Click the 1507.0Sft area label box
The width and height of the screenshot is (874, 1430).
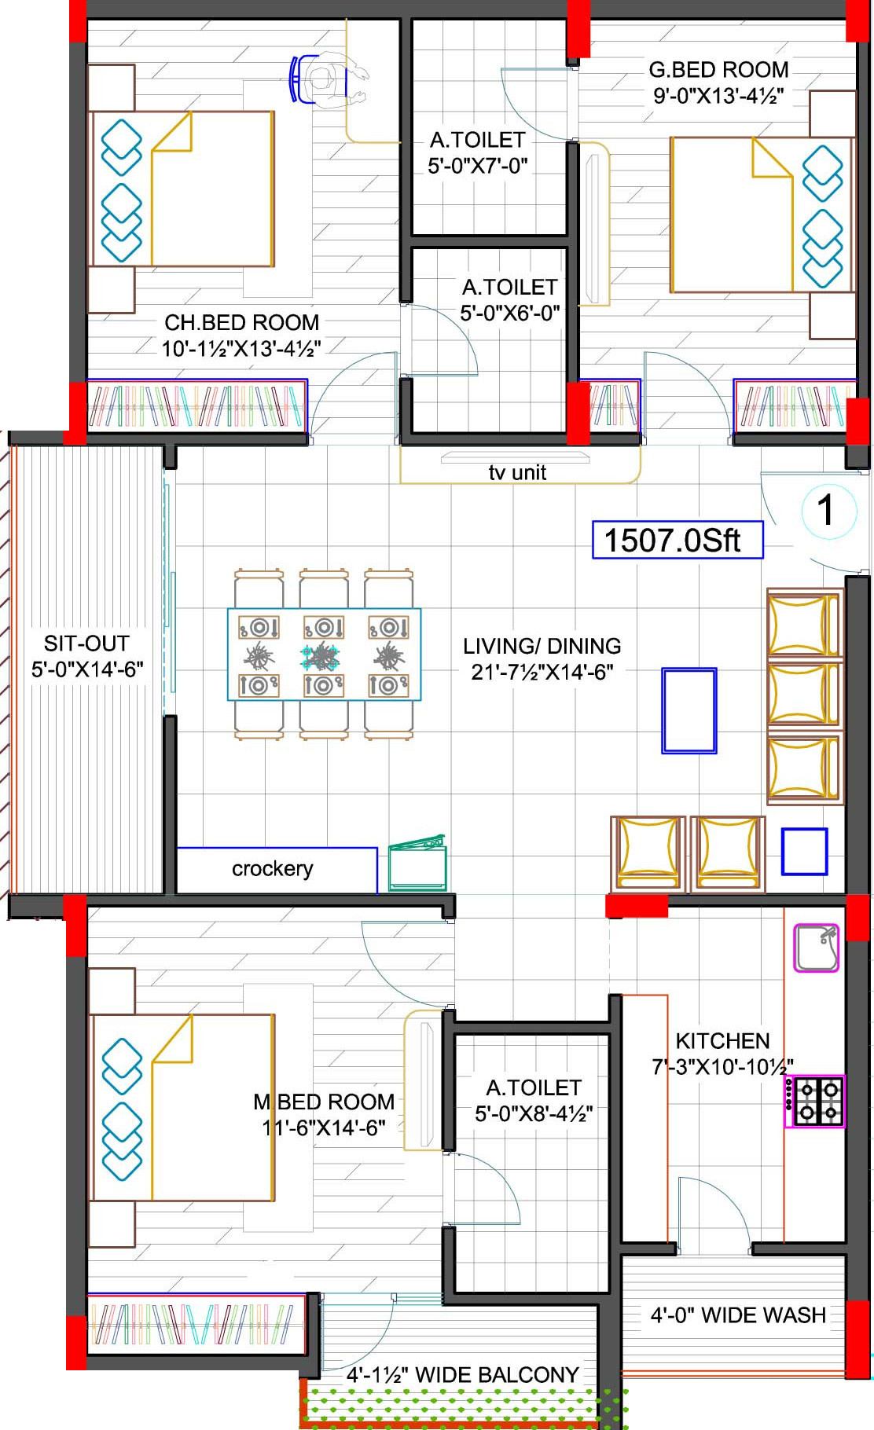[678, 540]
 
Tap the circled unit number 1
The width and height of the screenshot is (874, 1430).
[825, 511]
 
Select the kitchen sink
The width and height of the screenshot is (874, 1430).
[817, 948]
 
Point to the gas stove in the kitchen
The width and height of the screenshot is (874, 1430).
[815, 1102]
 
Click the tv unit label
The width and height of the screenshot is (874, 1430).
[517, 472]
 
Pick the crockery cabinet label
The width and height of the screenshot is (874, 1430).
[272, 868]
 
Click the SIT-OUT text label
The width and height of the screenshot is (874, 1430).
[86, 643]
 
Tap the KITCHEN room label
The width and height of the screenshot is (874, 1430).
[722, 1041]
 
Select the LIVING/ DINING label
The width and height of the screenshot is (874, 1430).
[542, 646]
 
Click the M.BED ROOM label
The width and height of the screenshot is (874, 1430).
[323, 1102]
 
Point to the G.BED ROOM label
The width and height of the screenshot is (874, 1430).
[718, 70]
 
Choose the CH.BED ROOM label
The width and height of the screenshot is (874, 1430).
[241, 322]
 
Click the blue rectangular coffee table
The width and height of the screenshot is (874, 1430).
[689, 710]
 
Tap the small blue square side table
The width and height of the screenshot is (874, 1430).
[804, 852]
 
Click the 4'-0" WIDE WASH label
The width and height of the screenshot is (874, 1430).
[738, 1315]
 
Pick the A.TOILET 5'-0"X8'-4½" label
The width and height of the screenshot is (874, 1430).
[534, 1101]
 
